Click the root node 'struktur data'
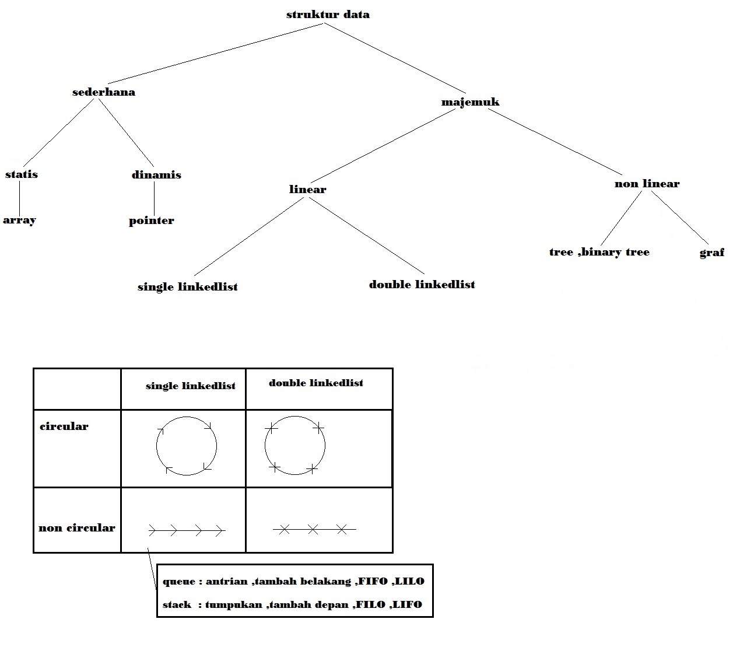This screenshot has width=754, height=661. click(x=328, y=15)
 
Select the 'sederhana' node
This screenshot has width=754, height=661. click(x=104, y=92)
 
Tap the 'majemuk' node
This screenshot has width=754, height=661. click(x=470, y=102)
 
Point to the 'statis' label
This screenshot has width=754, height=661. click(x=22, y=174)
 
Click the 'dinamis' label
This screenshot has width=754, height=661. click(x=156, y=175)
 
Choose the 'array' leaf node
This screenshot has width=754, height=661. click(x=20, y=221)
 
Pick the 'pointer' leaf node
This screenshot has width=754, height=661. click(x=152, y=221)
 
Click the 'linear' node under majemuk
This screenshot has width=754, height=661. click(x=307, y=190)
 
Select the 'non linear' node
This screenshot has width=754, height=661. click(x=647, y=184)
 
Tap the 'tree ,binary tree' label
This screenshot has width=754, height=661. click(x=599, y=252)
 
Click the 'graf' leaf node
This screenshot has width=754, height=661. click(x=711, y=253)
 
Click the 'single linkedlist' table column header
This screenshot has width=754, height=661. click(x=191, y=386)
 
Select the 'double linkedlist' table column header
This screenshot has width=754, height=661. click(x=316, y=383)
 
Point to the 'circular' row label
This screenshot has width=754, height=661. click(x=64, y=426)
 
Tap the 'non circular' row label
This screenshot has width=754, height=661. click(x=77, y=528)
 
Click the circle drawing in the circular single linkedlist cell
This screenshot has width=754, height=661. click(x=187, y=446)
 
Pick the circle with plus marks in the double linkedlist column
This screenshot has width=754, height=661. click(x=295, y=446)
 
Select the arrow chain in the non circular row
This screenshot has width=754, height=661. click(x=187, y=530)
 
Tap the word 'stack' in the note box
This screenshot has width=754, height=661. click(x=177, y=605)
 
